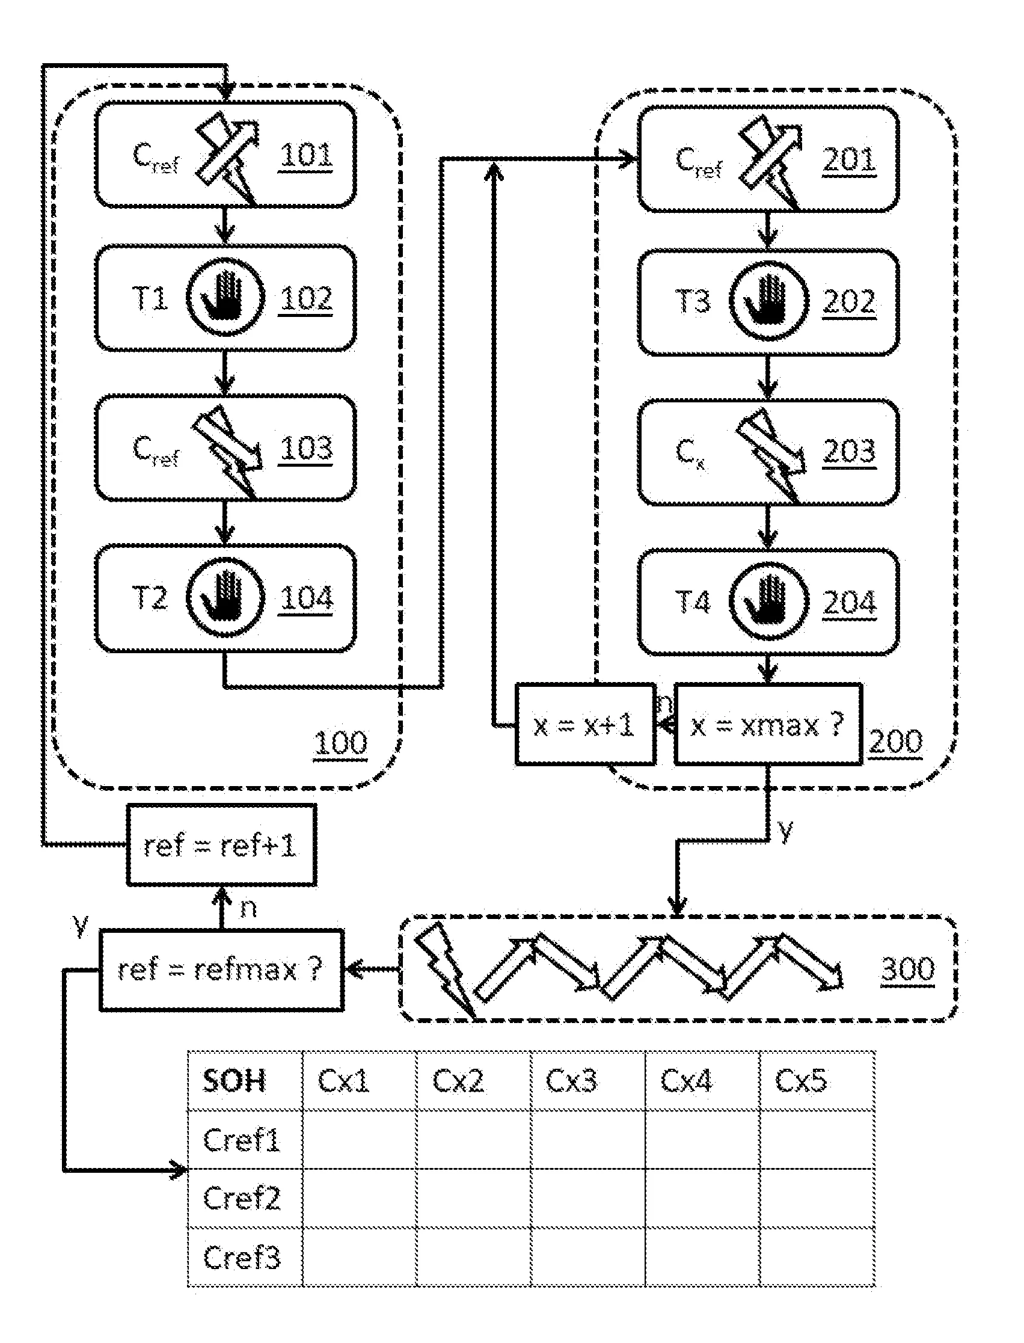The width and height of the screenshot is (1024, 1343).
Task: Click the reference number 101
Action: [x=306, y=155]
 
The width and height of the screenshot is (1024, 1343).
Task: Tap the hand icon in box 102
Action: [x=225, y=298]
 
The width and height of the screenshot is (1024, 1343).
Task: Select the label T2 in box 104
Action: [x=150, y=597]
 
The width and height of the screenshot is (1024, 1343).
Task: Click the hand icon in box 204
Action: [x=768, y=601]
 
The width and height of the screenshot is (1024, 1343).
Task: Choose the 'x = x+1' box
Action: [x=584, y=725]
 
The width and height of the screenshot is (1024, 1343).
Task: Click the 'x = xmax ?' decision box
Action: [x=767, y=725]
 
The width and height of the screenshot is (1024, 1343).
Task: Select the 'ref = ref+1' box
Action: [x=221, y=845]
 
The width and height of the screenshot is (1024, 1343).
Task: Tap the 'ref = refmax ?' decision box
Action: [x=221, y=970]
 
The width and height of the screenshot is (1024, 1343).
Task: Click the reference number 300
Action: [x=907, y=968]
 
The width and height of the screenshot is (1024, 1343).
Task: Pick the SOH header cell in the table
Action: [x=235, y=1081]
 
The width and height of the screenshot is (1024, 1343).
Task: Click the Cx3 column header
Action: [x=572, y=1081]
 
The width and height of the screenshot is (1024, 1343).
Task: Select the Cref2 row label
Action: [x=242, y=1198]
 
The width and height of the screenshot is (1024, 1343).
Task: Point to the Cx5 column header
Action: [x=801, y=1081]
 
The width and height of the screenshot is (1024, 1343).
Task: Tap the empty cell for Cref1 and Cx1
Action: [x=360, y=1139]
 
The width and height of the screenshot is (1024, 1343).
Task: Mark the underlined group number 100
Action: [x=341, y=743]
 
